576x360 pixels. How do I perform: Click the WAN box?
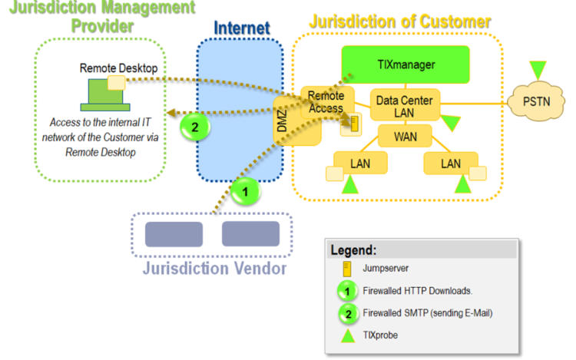click(405, 137)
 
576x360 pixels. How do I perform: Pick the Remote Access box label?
click(326, 102)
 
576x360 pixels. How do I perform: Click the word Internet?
click(241, 28)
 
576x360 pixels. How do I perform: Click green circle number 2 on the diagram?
click(195, 127)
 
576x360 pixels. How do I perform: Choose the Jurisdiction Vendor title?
click(214, 269)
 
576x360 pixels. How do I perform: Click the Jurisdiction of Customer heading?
click(399, 21)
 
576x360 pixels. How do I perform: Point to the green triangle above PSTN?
click(538, 68)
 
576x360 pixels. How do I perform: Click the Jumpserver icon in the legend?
click(348, 269)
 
